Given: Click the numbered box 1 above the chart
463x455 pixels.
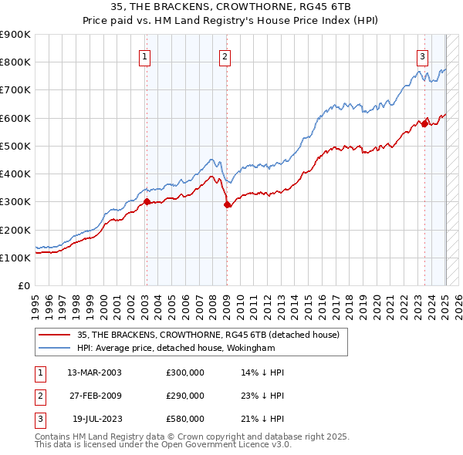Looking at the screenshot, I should tap(146, 56).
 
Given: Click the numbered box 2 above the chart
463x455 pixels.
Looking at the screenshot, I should tap(224, 56).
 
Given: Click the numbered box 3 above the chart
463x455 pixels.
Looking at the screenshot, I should tap(423, 56).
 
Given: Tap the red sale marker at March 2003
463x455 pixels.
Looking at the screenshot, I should tap(147, 202).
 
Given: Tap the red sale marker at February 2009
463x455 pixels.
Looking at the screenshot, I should tap(227, 204).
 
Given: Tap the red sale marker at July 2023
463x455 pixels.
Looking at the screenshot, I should tap(424, 123).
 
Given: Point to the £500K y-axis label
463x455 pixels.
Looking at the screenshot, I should tap(15, 146).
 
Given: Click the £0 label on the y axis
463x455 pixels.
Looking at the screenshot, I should tap(23, 285).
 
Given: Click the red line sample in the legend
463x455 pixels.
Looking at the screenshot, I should tap(54, 335).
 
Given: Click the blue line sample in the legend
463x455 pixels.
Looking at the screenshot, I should tap(54, 348).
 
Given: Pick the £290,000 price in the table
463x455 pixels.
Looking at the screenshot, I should tap(185, 396).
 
